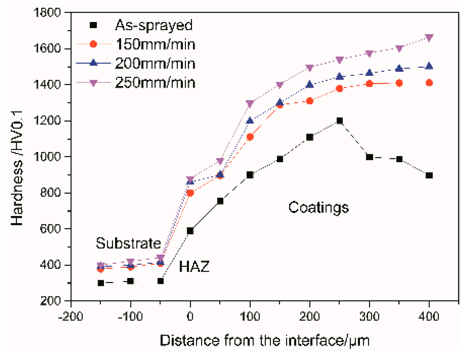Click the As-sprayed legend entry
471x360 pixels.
coord(153,25)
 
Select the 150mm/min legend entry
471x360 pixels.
coord(155,44)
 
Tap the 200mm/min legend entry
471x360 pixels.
coord(155,63)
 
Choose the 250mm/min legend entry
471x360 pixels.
coord(155,83)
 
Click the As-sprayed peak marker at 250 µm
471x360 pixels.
coord(340,121)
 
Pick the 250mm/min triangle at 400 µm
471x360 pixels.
coord(429,38)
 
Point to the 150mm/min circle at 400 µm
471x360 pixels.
coord(429,83)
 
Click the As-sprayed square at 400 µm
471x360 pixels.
coord(429,175)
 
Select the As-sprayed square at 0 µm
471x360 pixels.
coord(190,231)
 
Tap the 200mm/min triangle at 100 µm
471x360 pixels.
coord(250,120)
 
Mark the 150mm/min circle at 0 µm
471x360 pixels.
coord(190,193)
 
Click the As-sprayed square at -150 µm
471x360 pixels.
coord(101,283)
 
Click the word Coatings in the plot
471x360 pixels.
coord(319,207)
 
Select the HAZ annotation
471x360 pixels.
coord(194,266)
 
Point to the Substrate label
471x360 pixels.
coord(128,243)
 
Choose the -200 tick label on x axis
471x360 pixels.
coord(71,316)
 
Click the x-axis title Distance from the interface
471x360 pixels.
coord(264,340)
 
